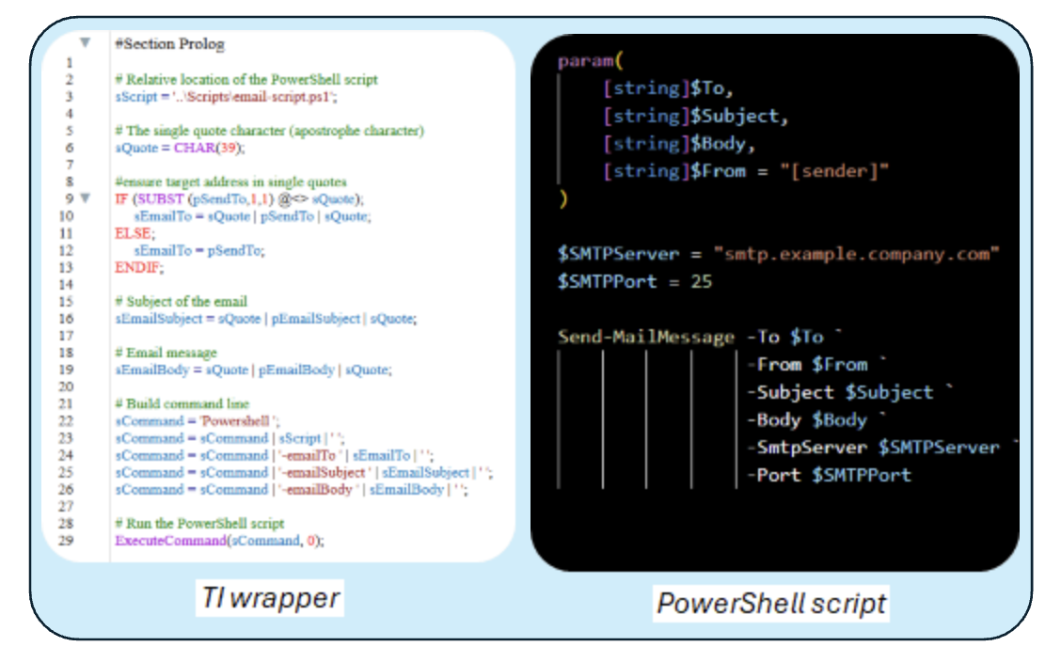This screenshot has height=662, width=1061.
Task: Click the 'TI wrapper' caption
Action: (x=272, y=598)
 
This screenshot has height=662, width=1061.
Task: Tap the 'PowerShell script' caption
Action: (x=771, y=603)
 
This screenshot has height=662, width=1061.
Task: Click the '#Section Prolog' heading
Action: (x=169, y=44)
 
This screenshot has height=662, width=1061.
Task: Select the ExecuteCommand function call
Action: (x=156, y=541)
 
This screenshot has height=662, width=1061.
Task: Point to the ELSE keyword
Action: (x=131, y=233)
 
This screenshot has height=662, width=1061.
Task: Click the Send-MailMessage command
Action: (x=646, y=337)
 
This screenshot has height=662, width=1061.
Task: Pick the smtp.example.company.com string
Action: (x=856, y=254)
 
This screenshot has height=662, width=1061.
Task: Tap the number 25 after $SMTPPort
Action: (x=701, y=281)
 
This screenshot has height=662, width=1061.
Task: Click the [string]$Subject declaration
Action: (x=696, y=116)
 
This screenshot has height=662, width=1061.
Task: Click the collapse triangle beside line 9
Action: (x=86, y=198)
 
